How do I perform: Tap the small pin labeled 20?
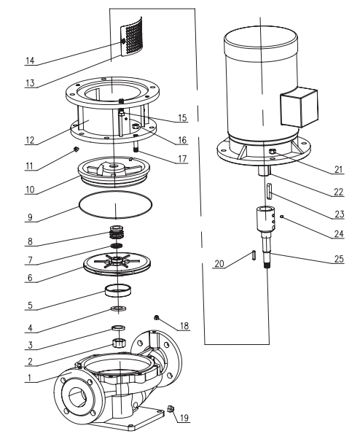(x=253, y=255)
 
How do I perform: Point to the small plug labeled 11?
(x=75, y=150)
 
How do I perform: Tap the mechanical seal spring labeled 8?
(x=114, y=234)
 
